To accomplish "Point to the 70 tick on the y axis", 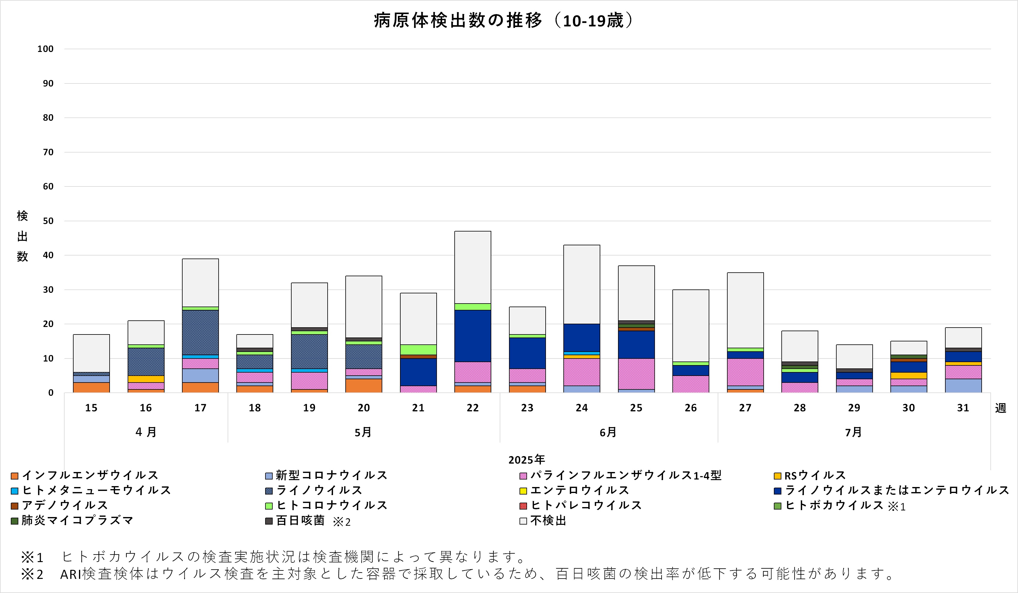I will click(x=48, y=152).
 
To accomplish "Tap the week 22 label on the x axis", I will click(x=473, y=408).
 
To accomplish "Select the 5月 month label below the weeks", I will click(x=363, y=432).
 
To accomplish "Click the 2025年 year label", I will click(x=526, y=459).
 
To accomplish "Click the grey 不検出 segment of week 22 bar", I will click(x=473, y=267).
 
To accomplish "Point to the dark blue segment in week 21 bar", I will click(x=418, y=372).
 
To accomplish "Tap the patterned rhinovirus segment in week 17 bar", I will click(x=200, y=332).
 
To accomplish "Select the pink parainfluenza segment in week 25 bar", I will click(x=636, y=374).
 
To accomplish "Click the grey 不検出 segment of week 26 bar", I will click(x=691, y=325).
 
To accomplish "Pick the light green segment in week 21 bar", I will click(x=418, y=350).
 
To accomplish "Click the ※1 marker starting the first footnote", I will click(x=32, y=558).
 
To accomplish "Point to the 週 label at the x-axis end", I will click(x=1000, y=408).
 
